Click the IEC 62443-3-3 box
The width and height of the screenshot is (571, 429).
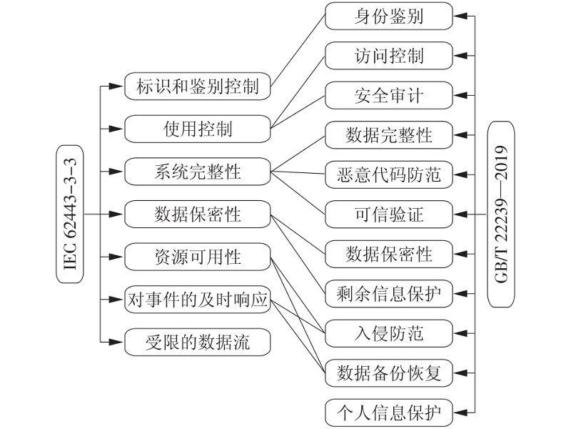70,214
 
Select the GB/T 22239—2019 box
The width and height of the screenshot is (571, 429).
501,214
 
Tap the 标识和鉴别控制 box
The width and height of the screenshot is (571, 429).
198,86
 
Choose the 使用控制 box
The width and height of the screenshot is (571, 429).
198,129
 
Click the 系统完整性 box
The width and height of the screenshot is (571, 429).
198,172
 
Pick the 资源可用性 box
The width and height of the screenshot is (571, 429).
198,257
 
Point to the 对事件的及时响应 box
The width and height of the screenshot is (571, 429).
198,300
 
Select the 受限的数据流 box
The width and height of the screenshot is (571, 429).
198,342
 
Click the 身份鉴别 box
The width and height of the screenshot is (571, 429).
388,16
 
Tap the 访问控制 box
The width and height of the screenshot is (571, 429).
388,56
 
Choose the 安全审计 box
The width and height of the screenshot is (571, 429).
388,95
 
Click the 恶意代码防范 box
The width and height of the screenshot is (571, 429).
388,174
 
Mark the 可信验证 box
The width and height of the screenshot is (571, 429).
388,214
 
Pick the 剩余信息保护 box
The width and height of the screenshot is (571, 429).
388,294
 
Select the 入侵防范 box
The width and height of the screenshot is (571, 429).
388,333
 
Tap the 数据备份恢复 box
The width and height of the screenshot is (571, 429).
388,373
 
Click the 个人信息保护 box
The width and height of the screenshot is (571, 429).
388,413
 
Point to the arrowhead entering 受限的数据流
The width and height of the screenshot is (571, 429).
116,342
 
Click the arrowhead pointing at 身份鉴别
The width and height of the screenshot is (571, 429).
460,16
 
